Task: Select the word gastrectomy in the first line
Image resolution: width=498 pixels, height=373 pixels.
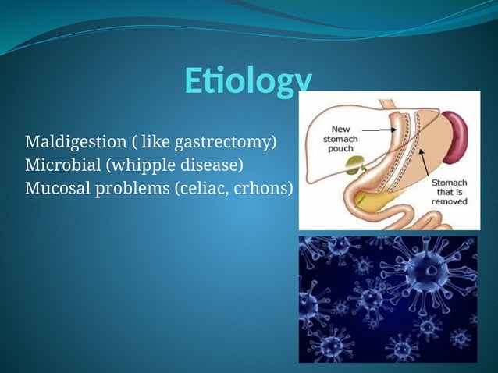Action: [x=234, y=144]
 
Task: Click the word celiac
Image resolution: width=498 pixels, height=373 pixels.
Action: [x=198, y=188]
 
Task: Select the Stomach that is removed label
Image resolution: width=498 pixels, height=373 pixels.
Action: [x=449, y=190]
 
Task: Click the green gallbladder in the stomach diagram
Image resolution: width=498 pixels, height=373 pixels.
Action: [x=355, y=165]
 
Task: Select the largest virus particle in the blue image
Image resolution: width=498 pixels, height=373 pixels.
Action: [x=428, y=273]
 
